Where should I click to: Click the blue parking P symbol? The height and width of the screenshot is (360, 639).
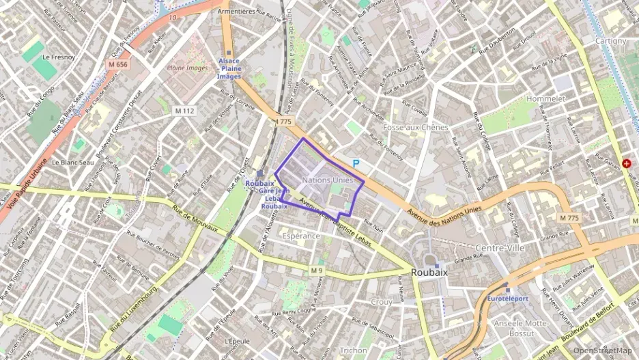point(355,163)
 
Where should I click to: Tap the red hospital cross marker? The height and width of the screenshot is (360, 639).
point(627,165)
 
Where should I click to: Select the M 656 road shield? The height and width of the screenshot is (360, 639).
point(117,64)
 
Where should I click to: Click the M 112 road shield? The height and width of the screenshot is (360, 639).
point(184,111)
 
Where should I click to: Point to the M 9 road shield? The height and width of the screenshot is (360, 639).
point(316,271)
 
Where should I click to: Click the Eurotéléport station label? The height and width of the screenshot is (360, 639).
point(508,299)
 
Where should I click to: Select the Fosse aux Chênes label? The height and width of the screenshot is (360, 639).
point(416,127)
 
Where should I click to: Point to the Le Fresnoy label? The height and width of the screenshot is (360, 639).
point(57,58)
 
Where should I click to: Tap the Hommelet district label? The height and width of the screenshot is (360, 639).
point(546,99)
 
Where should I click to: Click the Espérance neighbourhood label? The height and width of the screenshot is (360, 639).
point(300,236)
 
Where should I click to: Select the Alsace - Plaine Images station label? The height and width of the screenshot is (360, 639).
point(229,68)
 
